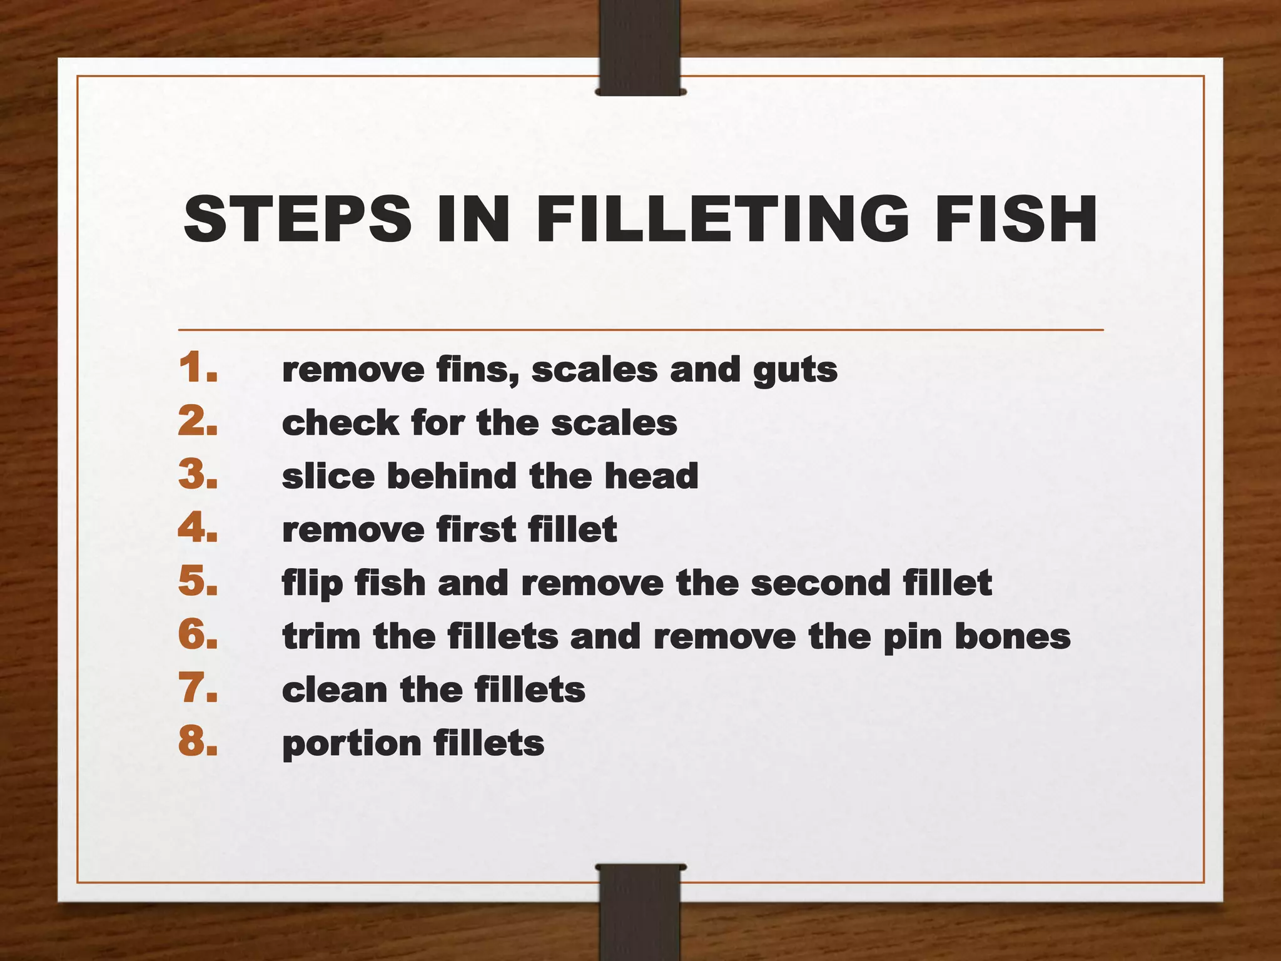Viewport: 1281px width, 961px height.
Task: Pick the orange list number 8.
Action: click(x=198, y=742)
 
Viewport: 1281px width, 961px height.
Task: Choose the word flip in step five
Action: click(x=312, y=584)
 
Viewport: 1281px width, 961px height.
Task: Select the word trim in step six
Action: click(x=321, y=636)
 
